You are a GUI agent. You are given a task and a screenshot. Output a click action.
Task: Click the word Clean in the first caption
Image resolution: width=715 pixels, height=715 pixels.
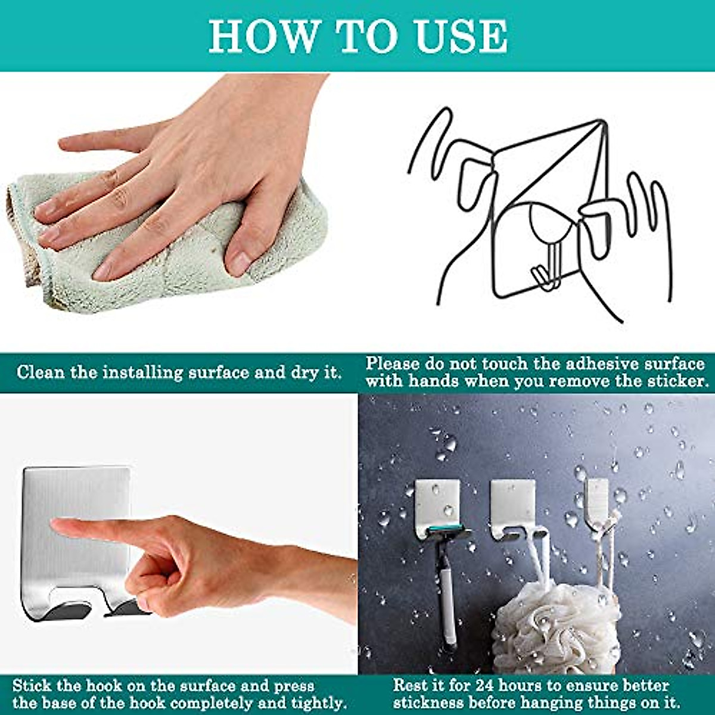coord(40,373)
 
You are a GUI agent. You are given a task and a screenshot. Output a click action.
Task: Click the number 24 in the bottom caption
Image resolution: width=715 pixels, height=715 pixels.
coord(479,685)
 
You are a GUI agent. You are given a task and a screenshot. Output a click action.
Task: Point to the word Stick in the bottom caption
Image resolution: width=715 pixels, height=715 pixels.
coord(33,685)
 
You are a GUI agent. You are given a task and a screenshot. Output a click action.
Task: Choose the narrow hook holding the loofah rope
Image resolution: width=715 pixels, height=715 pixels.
coord(597,500)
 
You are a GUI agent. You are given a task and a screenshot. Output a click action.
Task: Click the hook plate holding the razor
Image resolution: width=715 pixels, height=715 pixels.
coord(437,500)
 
